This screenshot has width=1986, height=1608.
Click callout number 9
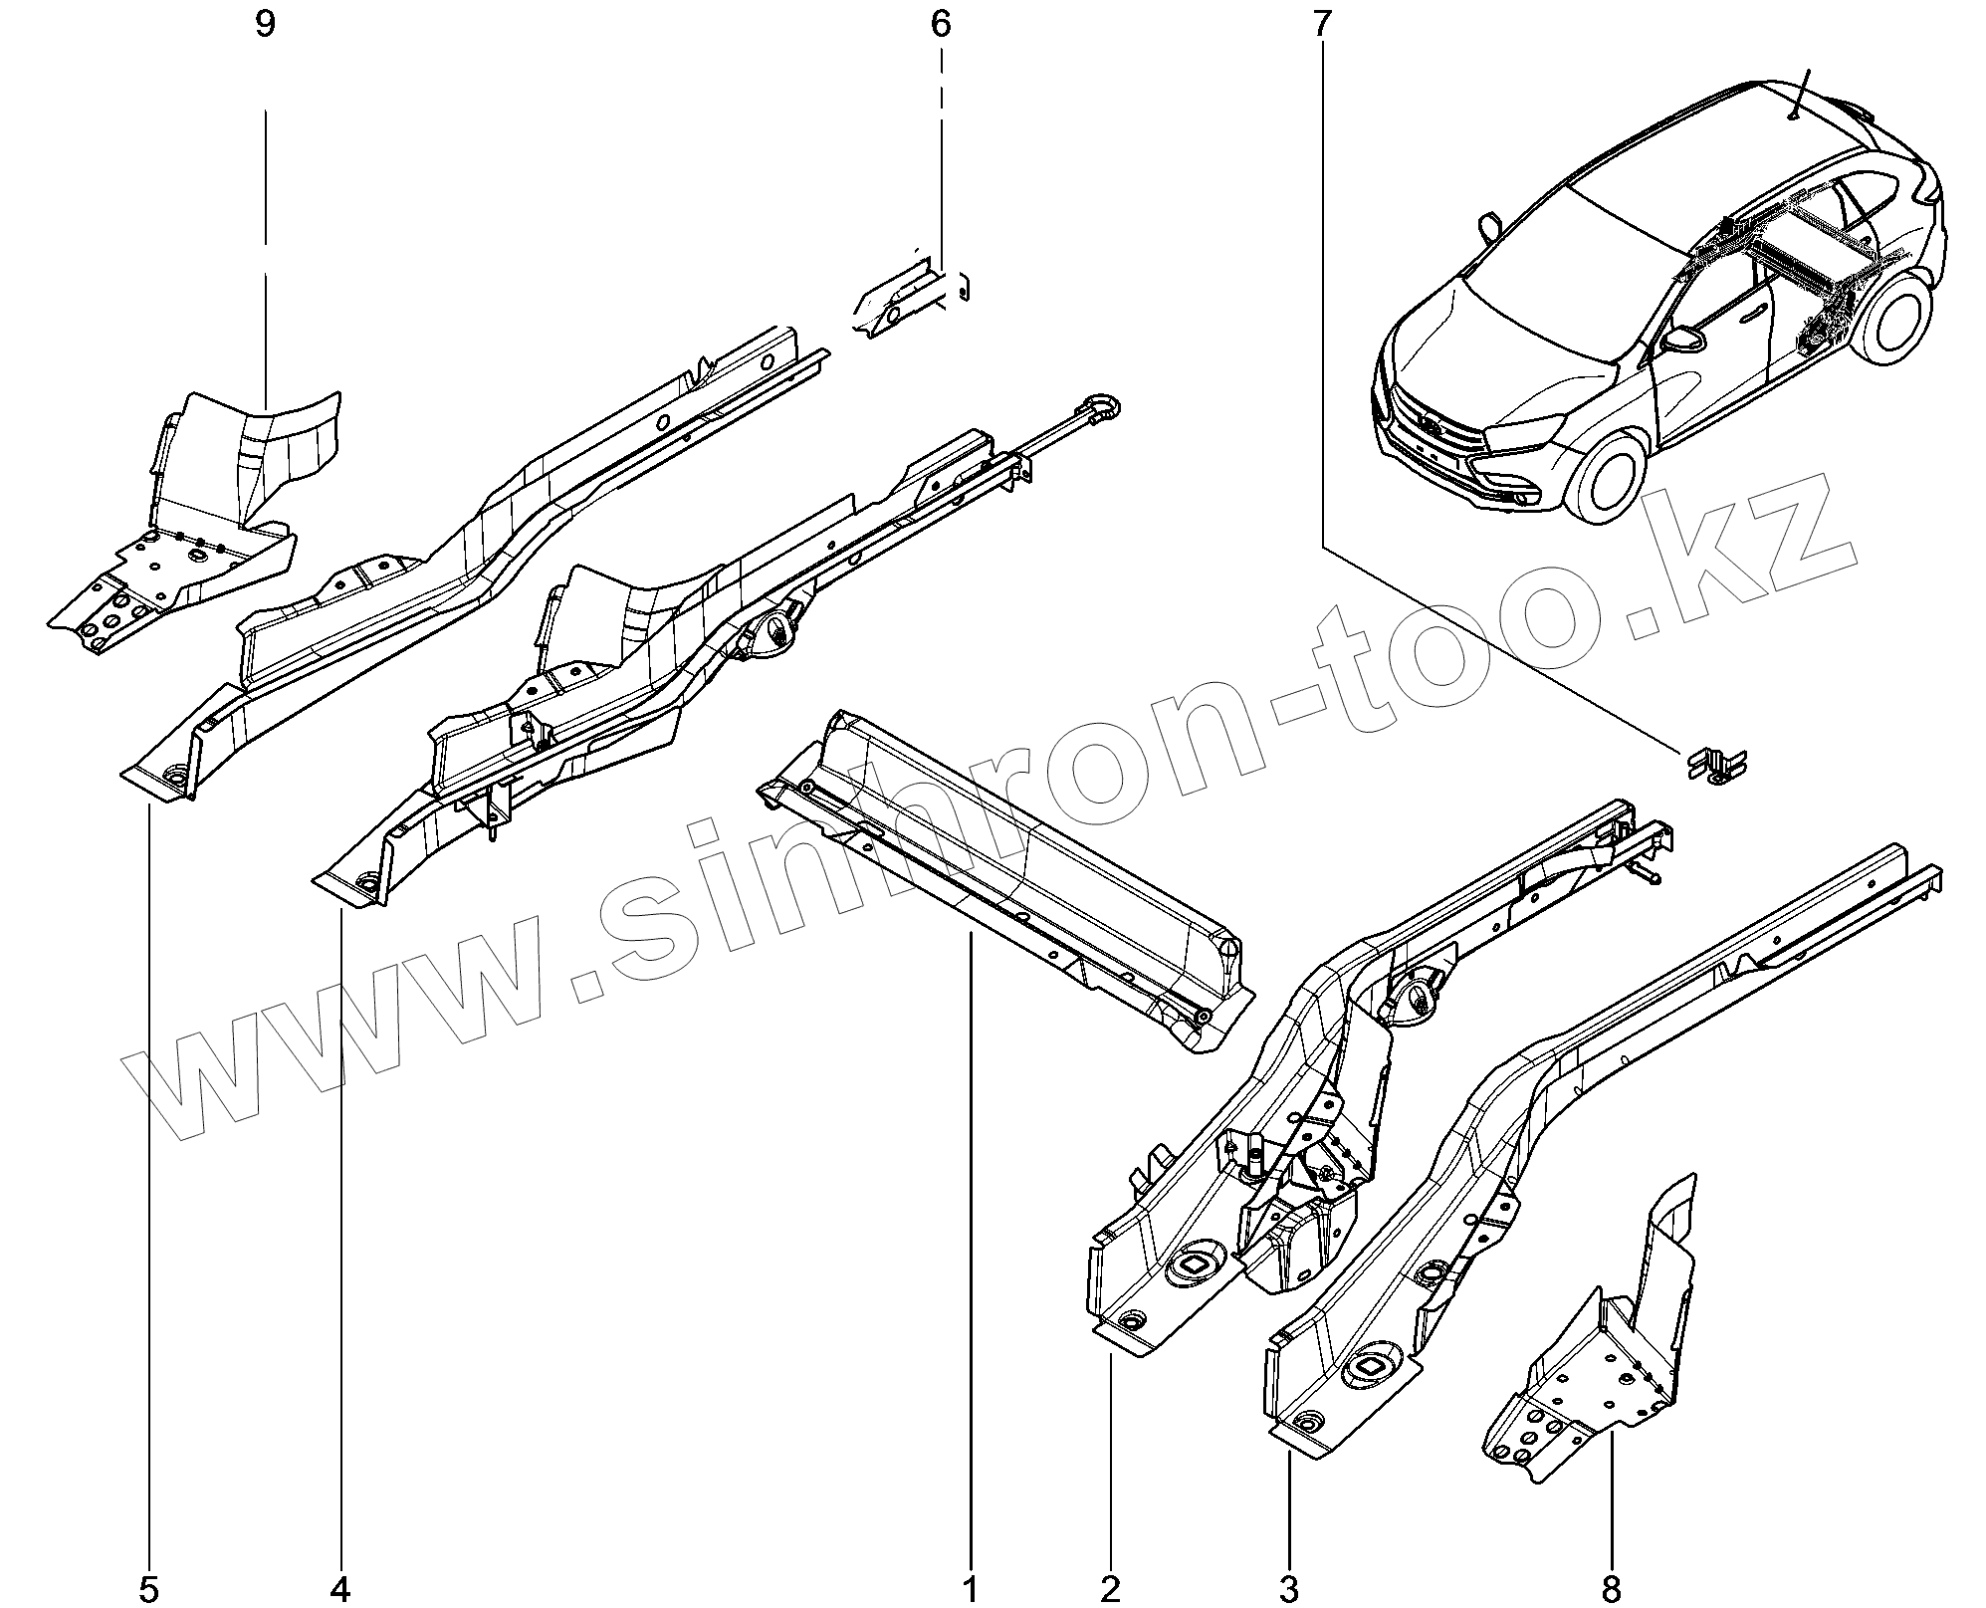click(x=265, y=26)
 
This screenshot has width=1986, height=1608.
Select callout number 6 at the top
click(x=941, y=26)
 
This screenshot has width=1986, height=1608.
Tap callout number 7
click(x=1321, y=26)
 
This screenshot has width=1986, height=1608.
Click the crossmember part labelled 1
click(x=1005, y=876)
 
